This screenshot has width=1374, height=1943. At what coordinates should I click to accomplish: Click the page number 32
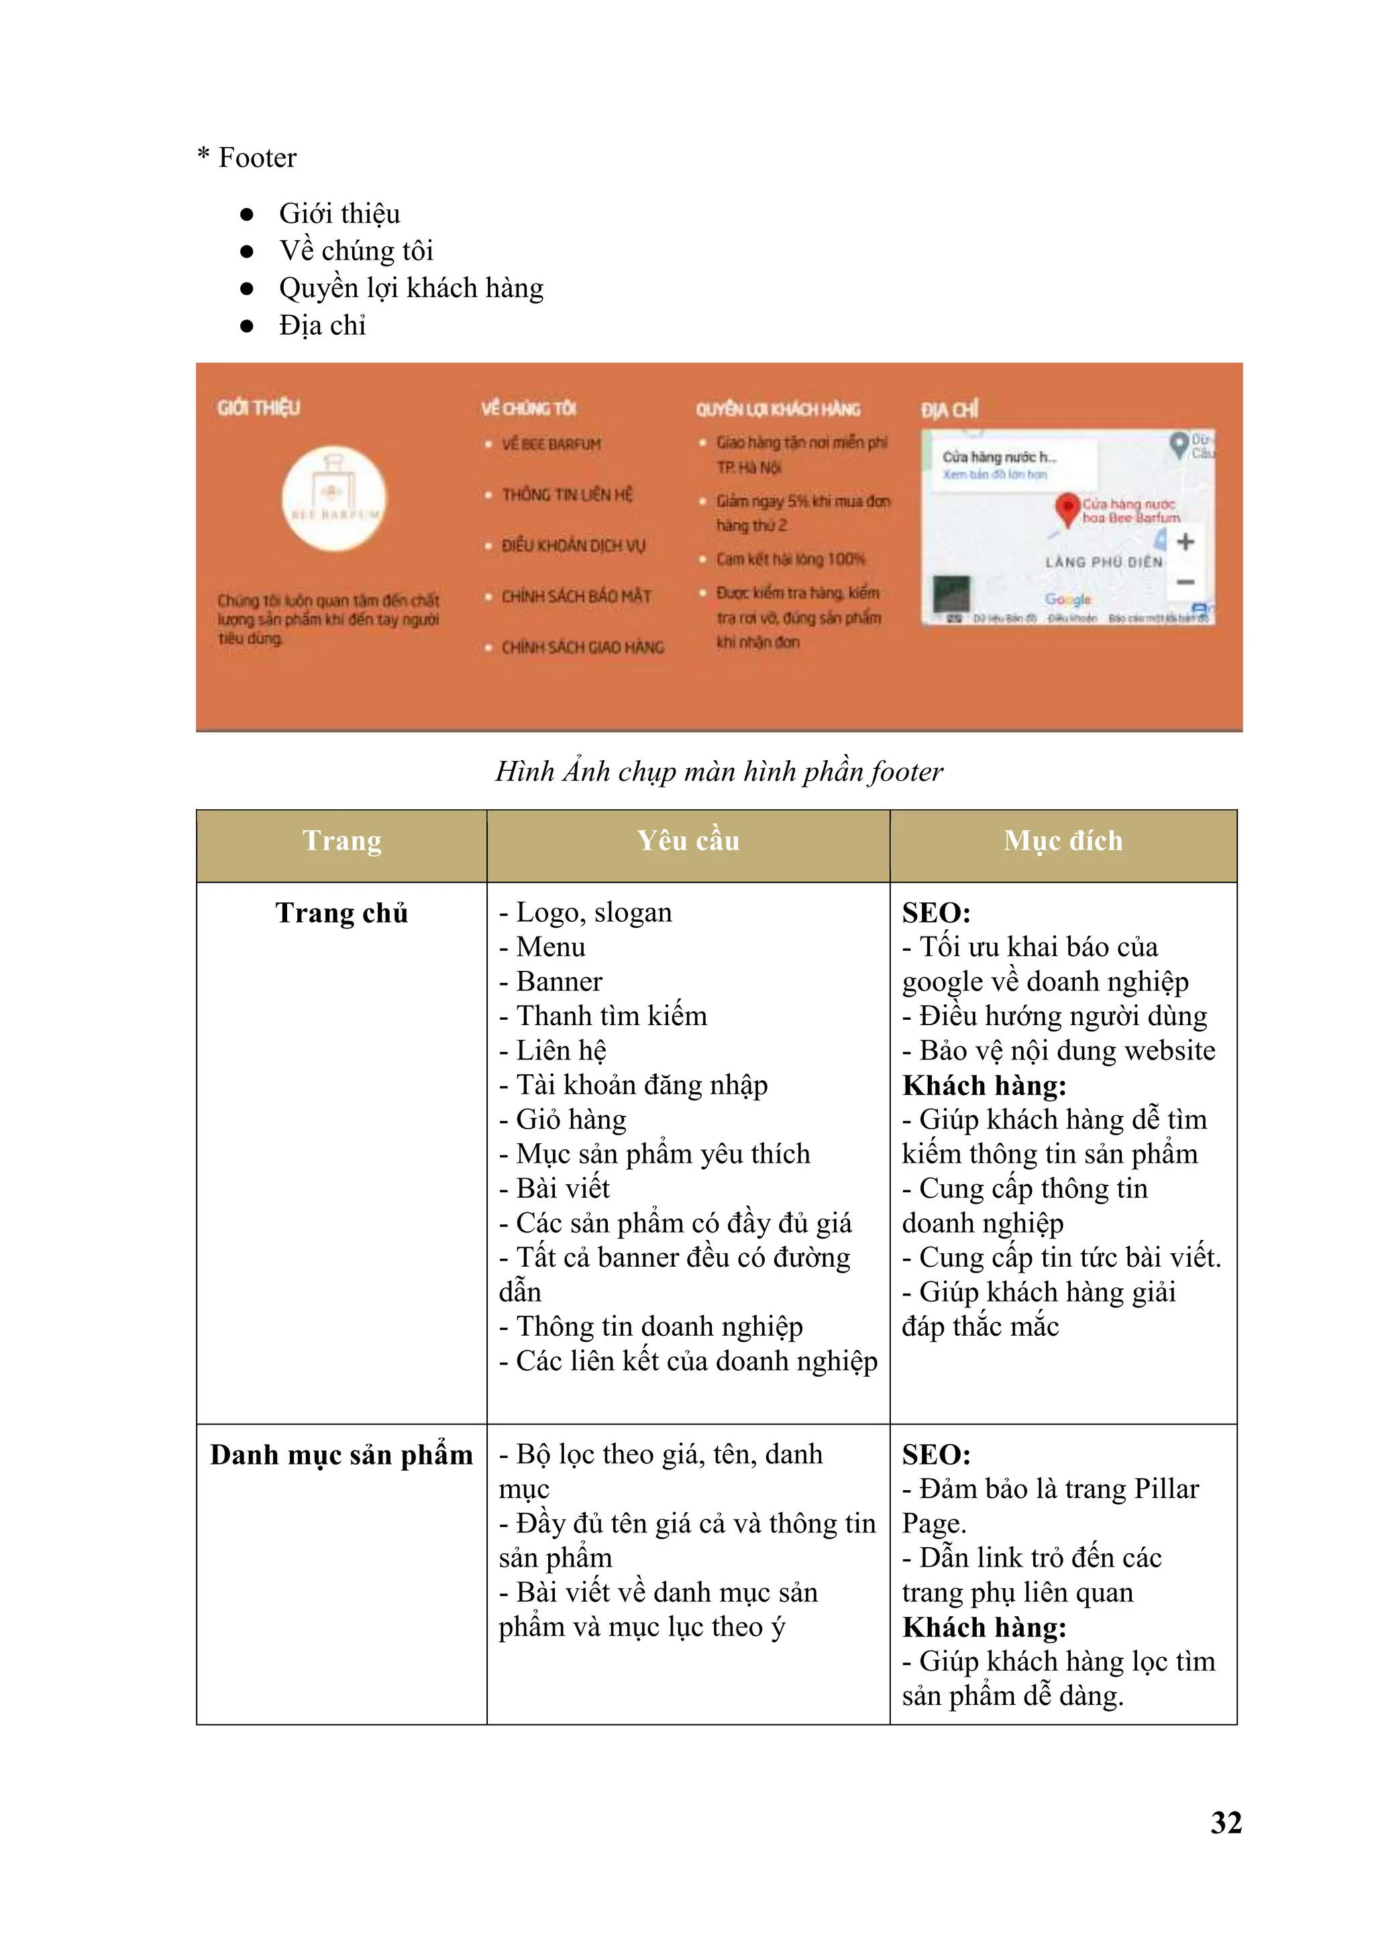[x=1226, y=1822]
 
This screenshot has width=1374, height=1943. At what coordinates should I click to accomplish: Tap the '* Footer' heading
[x=247, y=158]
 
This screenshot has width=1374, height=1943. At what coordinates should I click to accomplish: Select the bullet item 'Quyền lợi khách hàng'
[x=411, y=288]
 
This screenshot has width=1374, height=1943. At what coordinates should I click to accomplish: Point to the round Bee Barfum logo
[x=334, y=498]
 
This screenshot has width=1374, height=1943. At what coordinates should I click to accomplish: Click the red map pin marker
[x=1067, y=509]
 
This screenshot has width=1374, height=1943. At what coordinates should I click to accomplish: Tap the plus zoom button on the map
[x=1185, y=541]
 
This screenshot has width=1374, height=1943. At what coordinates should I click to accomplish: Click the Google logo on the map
[x=1067, y=599]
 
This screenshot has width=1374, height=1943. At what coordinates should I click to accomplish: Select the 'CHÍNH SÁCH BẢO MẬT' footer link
[x=576, y=596]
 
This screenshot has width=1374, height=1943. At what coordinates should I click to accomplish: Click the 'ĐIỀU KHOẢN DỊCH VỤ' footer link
[x=573, y=546]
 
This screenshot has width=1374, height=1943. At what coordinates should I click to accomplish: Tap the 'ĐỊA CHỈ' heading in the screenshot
[x=949, y=411]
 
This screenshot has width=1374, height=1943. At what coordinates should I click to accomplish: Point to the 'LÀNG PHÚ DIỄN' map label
[x=1103, y=562]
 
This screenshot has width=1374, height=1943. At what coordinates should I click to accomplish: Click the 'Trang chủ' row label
[x=341, y=913]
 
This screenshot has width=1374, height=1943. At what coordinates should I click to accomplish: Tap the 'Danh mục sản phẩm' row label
[x=341, y=1455]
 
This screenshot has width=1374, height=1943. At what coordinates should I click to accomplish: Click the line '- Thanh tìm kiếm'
[x=603, y=1016]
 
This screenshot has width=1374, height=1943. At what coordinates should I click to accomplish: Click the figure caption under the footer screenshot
[x=719, y=771]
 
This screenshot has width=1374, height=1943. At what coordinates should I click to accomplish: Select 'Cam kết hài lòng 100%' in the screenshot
[x=790, y=560]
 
